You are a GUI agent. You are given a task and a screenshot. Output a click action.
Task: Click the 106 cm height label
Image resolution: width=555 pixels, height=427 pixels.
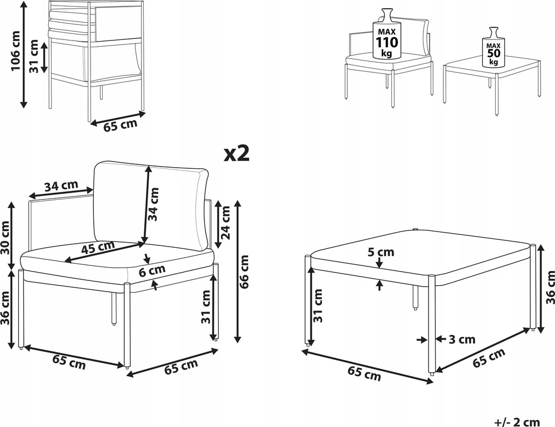(x=16, y=51)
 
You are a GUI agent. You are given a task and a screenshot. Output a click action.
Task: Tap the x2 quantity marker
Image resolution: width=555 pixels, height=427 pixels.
(x=237, y=153)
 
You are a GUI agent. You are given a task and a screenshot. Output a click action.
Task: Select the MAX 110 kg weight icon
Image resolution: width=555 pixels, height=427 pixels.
(x=386, y=34)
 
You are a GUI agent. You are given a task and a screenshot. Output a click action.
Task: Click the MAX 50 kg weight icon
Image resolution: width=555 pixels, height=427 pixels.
(x=493, y=47)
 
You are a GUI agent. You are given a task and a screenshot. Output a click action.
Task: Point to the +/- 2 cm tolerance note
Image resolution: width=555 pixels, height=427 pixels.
(x=517, y=421)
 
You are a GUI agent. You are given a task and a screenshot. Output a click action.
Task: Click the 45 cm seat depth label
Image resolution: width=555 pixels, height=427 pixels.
(x=98, y=247)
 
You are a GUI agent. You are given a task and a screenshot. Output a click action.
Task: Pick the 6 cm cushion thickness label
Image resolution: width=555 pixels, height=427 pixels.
(x=152, y=271)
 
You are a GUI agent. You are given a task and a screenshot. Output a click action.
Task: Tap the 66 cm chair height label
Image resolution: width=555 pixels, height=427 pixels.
(x=244, y=272)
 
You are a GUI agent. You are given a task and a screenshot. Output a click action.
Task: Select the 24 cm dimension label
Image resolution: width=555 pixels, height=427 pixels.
(x=225, y=223)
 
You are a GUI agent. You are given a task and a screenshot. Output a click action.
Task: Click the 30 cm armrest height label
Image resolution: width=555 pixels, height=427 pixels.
(x=6, y=238)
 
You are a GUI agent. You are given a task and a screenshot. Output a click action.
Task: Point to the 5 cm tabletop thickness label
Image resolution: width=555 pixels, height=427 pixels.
(x=381, y=252)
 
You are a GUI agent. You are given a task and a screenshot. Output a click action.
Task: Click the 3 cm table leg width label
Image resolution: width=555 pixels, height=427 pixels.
(x=462, y=340)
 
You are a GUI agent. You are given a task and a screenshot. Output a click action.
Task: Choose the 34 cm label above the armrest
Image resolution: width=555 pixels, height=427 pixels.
(x=61, y=186)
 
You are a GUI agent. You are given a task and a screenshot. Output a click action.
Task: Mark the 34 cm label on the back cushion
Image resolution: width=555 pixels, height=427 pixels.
(x=153, y=204)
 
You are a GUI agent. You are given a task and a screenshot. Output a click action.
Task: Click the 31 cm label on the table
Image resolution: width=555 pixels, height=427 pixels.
(x=318, y=305)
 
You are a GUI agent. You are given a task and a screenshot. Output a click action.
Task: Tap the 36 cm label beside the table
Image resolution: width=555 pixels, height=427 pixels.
(x=550, y=287)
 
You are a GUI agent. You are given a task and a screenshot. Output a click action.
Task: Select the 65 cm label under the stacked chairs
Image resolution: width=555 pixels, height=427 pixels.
(x=120, y=125)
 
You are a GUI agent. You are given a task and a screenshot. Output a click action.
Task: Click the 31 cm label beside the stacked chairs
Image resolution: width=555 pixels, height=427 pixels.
(x=34, y=56)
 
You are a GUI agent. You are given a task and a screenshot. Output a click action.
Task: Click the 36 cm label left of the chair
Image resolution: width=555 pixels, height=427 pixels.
(x=6, y=308)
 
